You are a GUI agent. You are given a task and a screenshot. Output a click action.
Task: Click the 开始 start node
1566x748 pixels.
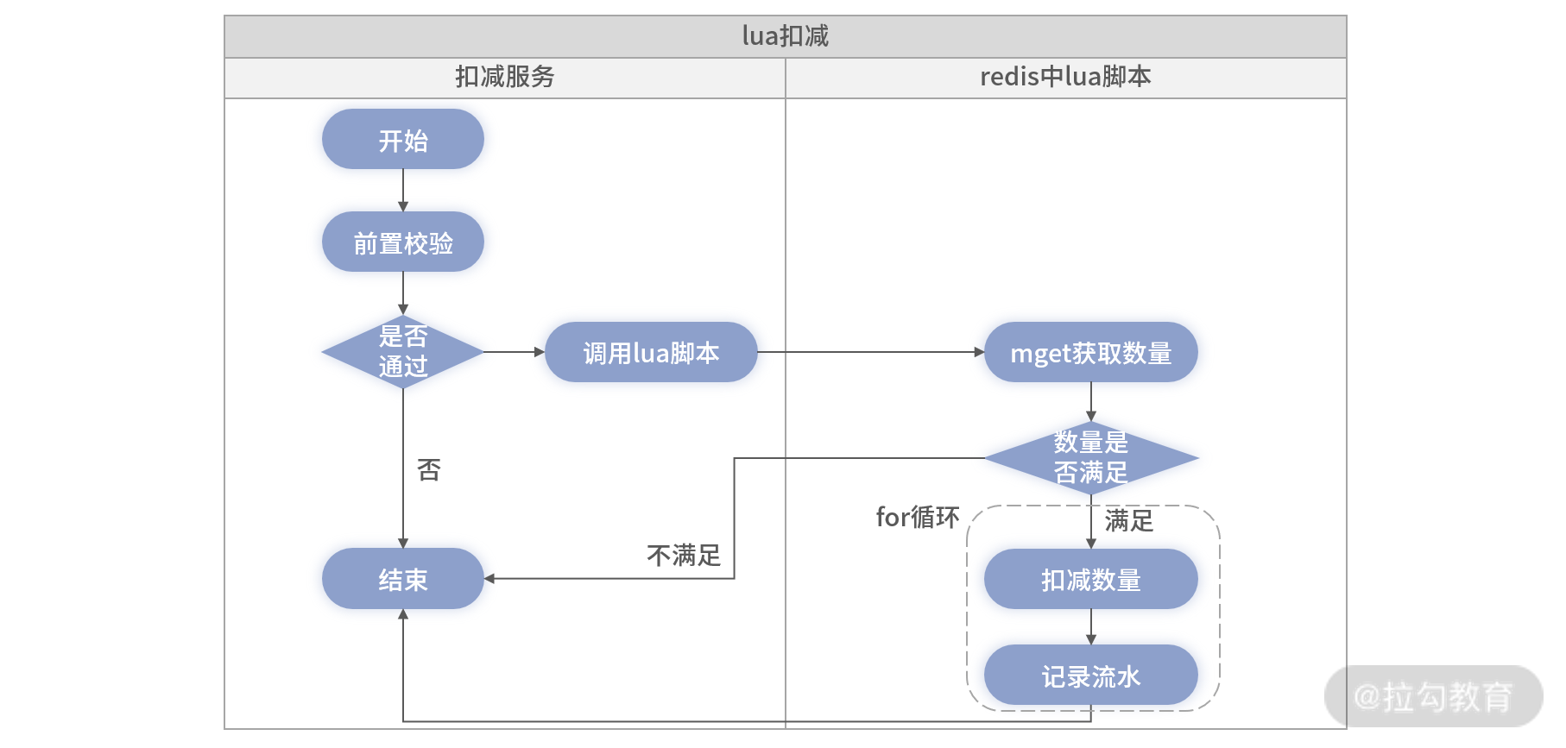[403, 139]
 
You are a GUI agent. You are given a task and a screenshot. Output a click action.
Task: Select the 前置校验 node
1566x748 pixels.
[403, 242]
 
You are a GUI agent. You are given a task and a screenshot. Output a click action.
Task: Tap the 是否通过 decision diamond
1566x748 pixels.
[403, 352]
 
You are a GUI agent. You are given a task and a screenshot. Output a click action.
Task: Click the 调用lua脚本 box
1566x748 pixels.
[651, 352]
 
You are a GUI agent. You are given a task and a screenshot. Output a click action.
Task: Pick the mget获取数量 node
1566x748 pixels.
[1091, 352]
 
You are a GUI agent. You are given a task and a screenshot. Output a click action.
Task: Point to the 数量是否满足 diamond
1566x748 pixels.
[1091, 458]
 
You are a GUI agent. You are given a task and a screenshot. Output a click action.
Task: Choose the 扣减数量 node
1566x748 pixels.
[1091, 579]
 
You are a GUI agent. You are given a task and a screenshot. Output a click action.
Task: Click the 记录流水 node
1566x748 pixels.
[1091, 676]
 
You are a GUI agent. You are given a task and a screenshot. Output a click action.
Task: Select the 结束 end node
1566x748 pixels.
[403, 579]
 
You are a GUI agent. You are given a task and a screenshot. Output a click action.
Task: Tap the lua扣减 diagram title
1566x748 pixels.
[786, 35]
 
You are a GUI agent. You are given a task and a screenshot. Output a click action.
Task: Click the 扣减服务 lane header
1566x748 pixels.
[505, 77]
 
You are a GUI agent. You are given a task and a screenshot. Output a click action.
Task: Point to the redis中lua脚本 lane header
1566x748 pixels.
[1065, 77]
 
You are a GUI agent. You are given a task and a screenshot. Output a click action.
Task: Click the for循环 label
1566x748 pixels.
[918, 517]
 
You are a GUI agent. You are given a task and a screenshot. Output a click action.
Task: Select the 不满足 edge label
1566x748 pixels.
[684, 555]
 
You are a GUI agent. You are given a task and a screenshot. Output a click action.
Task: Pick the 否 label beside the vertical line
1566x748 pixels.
[429, 469]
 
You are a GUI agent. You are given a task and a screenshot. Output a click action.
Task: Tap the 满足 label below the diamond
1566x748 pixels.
[1129, 520]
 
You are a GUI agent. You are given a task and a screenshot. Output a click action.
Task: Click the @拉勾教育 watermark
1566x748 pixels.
[1433, 696]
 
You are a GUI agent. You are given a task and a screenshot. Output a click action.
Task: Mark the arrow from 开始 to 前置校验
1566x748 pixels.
[403, 190]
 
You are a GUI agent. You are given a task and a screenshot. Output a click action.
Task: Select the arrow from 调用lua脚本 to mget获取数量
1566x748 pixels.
[871, 352]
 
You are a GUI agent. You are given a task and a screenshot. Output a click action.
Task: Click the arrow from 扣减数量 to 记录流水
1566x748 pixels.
[1091, 627]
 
